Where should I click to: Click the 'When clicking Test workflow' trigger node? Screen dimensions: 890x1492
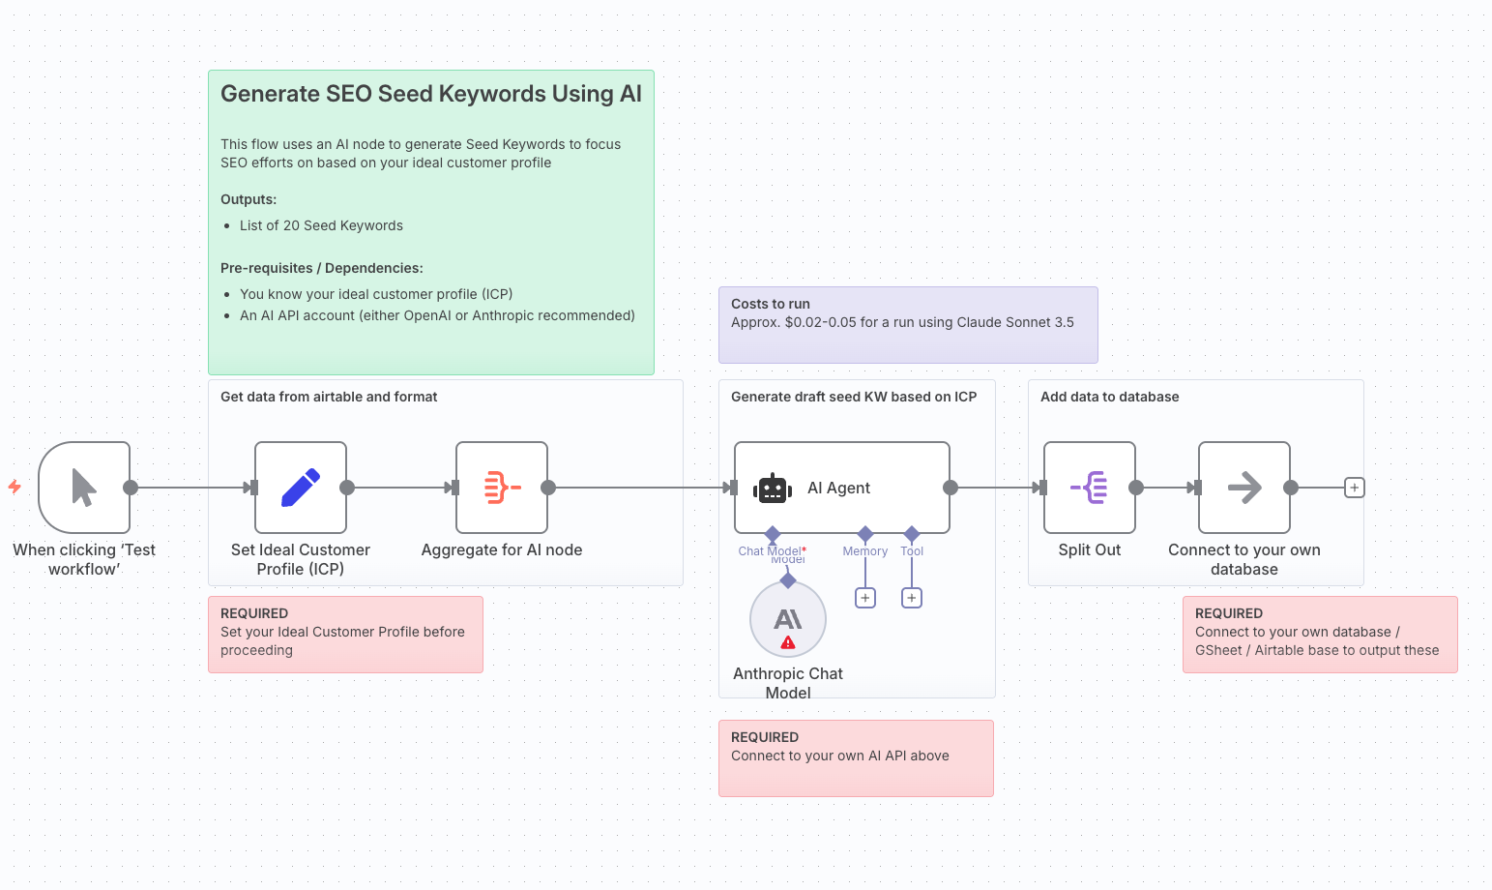pos(84,488)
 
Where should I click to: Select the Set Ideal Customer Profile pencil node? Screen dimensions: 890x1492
pos(301,488)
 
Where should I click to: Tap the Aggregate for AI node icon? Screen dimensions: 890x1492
pos(502,488)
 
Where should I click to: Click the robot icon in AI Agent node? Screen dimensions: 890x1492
pos(773,489)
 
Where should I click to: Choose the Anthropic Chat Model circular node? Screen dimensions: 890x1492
pos(788,619)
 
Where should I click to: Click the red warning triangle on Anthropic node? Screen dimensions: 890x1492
pos(788,642)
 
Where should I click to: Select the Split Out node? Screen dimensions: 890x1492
pos(1090,488)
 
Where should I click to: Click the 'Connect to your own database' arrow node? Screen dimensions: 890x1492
pos(1244,488)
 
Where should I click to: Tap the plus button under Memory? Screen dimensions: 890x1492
pos(865,598)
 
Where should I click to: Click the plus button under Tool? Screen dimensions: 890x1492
pos(912,598)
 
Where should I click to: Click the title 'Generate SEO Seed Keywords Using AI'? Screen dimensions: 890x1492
pos(431,94)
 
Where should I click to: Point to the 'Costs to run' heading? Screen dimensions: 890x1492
pos(771,304)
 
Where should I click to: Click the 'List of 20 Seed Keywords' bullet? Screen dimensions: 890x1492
pos(321,225)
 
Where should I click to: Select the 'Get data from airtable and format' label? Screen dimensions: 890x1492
pos(329,397)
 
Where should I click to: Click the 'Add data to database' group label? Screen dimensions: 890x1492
pos(1109,397)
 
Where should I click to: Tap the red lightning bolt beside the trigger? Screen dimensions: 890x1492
pos(15,487)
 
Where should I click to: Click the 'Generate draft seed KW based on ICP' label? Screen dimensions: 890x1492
pos(854,397)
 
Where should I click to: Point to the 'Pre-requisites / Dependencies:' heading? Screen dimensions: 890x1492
pos(322,268)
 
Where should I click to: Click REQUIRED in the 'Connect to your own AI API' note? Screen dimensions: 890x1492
pos(765,737)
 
